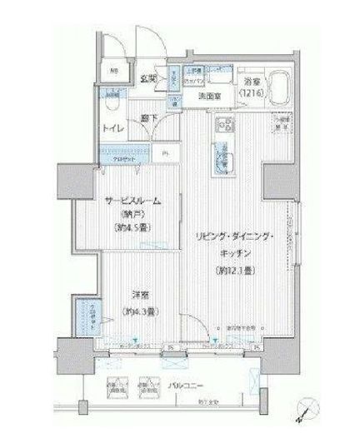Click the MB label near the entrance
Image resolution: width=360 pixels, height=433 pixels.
click(x=114, y=70)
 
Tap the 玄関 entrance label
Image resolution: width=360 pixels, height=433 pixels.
click(x=149, y=79)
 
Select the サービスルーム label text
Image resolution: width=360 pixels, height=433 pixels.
click(x=132, y=202)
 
